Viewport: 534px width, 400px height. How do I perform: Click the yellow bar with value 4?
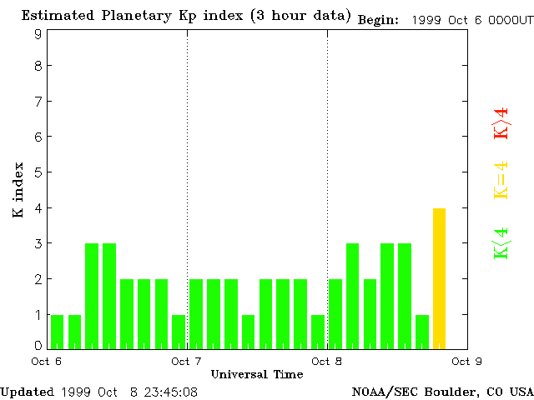439,278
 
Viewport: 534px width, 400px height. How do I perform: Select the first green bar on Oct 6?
58,332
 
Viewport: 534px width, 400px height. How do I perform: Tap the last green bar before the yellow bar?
422,332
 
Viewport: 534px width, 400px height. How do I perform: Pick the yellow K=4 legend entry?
501,180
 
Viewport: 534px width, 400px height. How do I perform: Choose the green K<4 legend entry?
501,243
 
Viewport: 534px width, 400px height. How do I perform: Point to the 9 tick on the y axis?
38,34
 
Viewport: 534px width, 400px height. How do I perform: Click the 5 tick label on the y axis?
38,172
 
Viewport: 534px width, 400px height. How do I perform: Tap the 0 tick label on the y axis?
38,345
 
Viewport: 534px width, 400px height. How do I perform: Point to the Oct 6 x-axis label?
47,362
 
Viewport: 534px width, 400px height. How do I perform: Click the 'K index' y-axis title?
18,190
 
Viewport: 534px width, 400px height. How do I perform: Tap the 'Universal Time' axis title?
257,374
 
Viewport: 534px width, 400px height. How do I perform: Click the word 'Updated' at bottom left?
27,391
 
